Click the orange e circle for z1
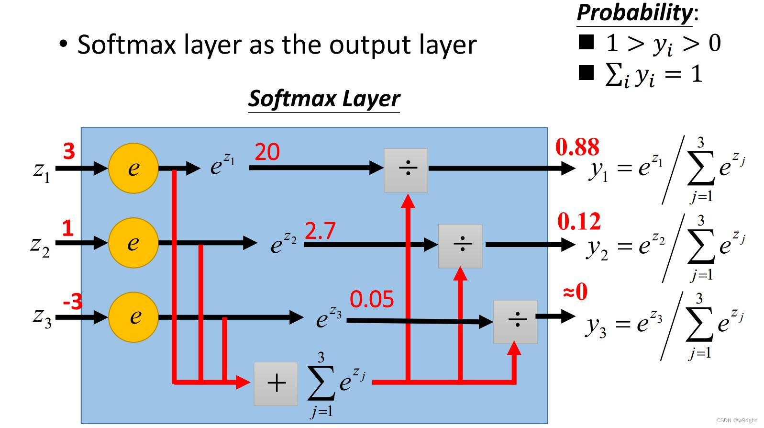(x=133, y=168)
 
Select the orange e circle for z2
(x=133, y=243)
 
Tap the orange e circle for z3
(x=133, y=317)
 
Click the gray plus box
(x=276, y=383)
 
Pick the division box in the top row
(x=406, y=170)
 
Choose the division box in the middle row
(x=460, y=246)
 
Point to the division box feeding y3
(x=515, y=322)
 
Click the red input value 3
(x=69, y=151)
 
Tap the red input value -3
(x=73, y=302)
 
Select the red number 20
(x=267, y=152)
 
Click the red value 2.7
(x=320, y=231)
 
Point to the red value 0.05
(x=372, y=299)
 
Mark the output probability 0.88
(x=577, y=147)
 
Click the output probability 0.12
(x=579, y=221)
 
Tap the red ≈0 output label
(x=575, y=291)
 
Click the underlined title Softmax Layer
(x=324, y=99)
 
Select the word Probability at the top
(x=634, y=12)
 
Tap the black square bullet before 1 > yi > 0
(x=586, y=42)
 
